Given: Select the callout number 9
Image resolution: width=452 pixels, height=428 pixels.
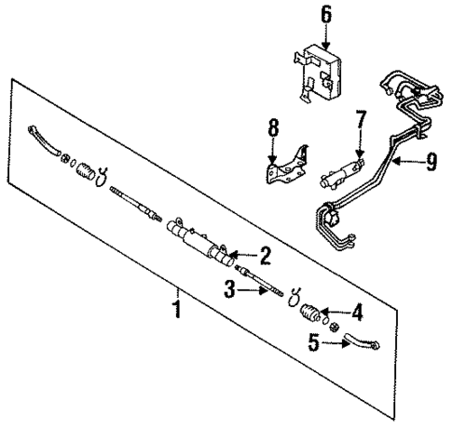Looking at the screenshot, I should (431, 163).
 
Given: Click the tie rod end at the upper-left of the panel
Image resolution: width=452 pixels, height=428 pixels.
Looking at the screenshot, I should (41, 140).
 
